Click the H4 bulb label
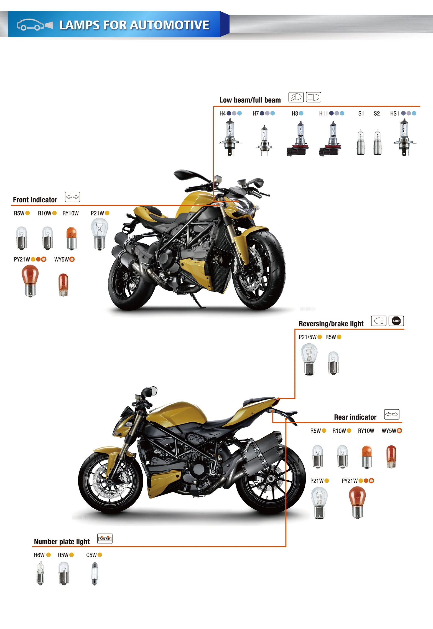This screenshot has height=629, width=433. click(x=223, y=113)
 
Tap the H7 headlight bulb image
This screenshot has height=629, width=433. click(x=264, y=140)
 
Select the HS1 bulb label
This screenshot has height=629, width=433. click(x=394, y=113)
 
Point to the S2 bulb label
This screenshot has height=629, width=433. click(x=376, y=113)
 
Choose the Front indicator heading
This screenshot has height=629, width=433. click(x=35, y=200)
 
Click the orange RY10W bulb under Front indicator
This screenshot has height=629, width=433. click(x=72, y=238)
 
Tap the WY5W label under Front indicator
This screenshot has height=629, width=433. click(x=62, y=259)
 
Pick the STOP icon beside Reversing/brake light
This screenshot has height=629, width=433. click(x=396, y=321)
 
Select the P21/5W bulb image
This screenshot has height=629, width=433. click(x=309, y=359)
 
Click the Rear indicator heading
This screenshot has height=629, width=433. click(x=355, y=417)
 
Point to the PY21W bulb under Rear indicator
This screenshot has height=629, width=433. click(x=357, y=502)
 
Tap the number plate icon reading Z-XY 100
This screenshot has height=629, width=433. click(x=105, y=539)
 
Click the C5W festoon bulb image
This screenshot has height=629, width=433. click(x=95, y=573)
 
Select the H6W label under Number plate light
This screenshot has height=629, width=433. click(x=39, y=555)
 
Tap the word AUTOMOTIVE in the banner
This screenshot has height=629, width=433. click(x=170, y=25)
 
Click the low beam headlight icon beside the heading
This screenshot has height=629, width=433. click(x=296, y=97)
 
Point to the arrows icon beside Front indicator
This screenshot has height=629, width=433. click(x=72, y=197)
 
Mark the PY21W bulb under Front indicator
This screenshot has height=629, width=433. click(x=30, y=280)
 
